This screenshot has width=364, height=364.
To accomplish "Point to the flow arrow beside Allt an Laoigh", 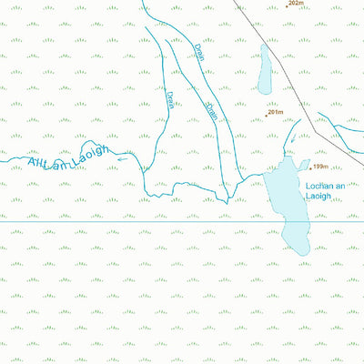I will tap(122, 157).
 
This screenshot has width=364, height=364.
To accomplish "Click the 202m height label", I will tap(294, 4).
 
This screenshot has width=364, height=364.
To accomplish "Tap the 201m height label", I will tap(276, 112).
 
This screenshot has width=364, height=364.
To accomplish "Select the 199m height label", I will tap(319, 167).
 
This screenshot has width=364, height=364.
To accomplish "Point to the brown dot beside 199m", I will tap(309, 168).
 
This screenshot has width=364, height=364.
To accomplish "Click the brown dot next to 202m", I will tap(283, 5).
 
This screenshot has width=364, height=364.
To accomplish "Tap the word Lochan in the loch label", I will tap(321, 186).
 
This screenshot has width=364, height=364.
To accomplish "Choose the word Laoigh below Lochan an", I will tap(322, 196).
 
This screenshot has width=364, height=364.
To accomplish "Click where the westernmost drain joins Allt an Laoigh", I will tap(142, 168).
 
